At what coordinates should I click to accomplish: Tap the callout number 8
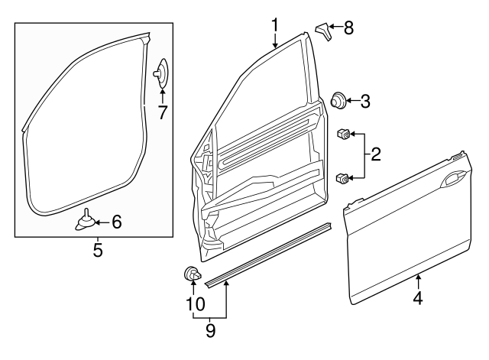tap(348, 28)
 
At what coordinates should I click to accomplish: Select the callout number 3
tap(365, 100)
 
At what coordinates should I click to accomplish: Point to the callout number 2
tap(374, 156)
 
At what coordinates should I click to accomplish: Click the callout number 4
tap(417, 299)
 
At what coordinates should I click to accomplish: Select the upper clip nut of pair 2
tap(343, 136)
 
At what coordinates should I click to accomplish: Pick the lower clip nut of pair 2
tap(342, 179)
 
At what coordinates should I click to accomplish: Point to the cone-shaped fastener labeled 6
tap(86, 221)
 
